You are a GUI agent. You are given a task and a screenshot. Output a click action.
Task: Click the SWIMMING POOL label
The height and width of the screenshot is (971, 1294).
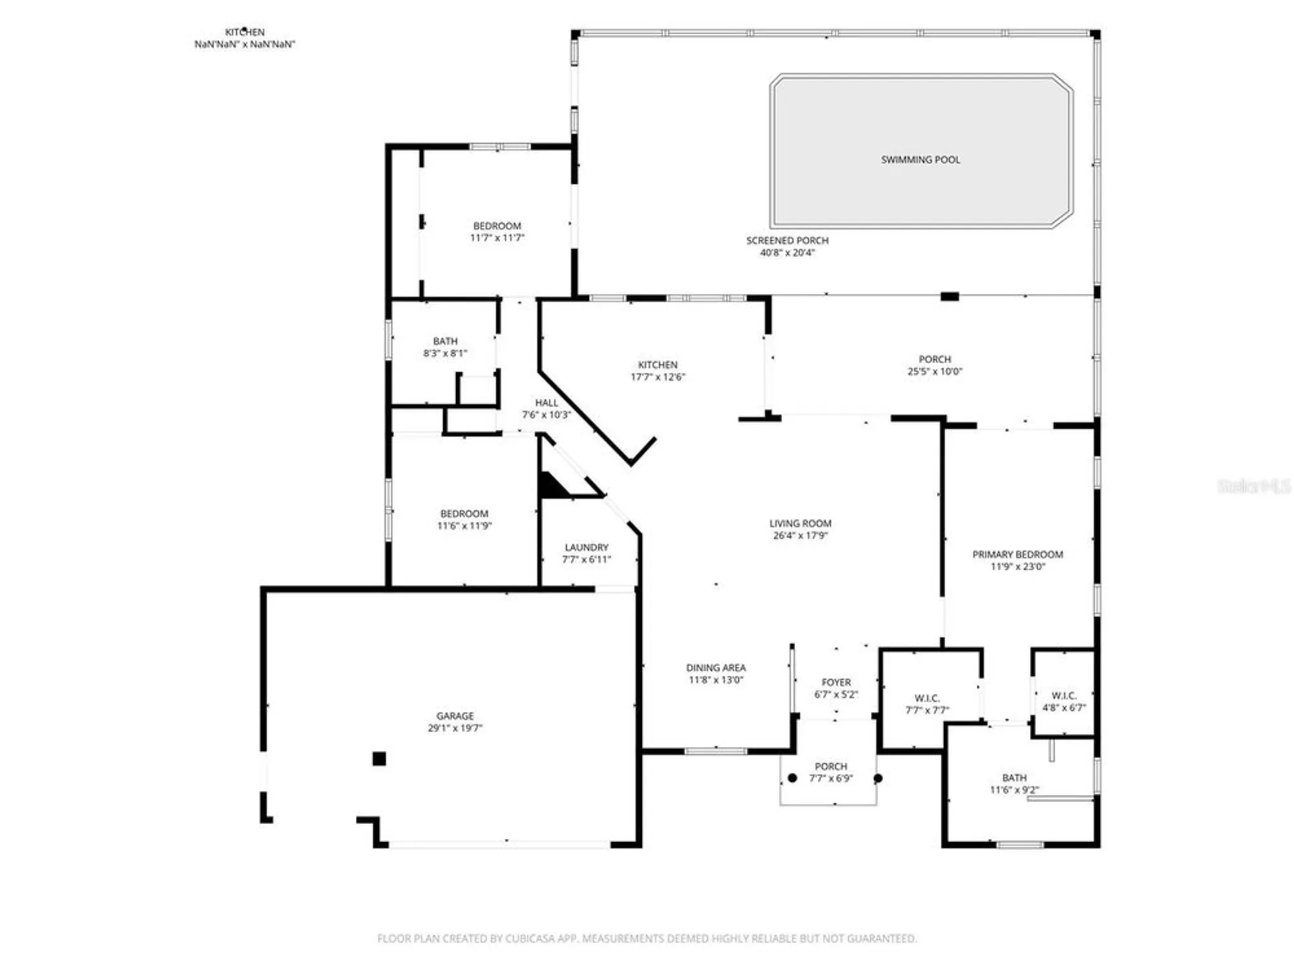(920, 159)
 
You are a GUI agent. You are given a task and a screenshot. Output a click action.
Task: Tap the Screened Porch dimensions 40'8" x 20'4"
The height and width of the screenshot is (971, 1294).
(787, 252)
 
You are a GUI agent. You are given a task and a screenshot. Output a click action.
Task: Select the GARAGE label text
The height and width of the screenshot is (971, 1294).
(455, 715)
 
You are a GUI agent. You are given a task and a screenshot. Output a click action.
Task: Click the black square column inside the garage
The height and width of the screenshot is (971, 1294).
(379, 759)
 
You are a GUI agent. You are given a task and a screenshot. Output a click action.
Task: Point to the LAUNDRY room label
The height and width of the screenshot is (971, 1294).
(586, 547)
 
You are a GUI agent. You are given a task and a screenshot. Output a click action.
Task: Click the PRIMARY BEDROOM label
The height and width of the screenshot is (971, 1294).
(1017, 554)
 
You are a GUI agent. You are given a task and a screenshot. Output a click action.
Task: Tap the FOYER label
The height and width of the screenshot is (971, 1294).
(836, 682)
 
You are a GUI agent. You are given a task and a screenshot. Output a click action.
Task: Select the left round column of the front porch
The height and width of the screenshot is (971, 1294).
(792, 778)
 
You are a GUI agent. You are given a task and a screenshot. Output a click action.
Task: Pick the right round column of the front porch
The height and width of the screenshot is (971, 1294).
(878, 778)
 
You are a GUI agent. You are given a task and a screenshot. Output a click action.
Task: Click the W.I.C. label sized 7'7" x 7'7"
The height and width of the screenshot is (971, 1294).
(927, 698)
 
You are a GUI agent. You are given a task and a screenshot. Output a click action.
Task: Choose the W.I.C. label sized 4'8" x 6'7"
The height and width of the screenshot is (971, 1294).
(1064, 695)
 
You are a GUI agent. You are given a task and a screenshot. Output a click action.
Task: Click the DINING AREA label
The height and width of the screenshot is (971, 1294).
(716, 667)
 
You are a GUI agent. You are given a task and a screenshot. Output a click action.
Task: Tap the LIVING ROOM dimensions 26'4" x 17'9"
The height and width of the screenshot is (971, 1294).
(800, 535)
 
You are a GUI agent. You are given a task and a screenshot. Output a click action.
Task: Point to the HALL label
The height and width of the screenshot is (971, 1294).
(546, 403)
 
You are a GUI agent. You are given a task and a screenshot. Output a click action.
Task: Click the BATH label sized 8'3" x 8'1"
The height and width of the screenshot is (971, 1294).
(445, 341)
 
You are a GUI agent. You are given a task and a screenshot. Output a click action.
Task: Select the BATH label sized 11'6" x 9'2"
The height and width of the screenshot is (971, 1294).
(1014, 777)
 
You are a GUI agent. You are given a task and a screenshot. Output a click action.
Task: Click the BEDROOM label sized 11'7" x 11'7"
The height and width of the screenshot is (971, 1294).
(497, 226)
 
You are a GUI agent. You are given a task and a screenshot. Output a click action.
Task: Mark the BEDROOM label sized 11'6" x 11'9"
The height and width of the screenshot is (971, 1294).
(464, 513)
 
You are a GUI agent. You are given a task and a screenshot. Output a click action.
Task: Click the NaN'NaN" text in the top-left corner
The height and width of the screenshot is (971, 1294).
(245, 44)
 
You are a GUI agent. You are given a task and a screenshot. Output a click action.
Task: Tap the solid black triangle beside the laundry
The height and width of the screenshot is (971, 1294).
(551, 487)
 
